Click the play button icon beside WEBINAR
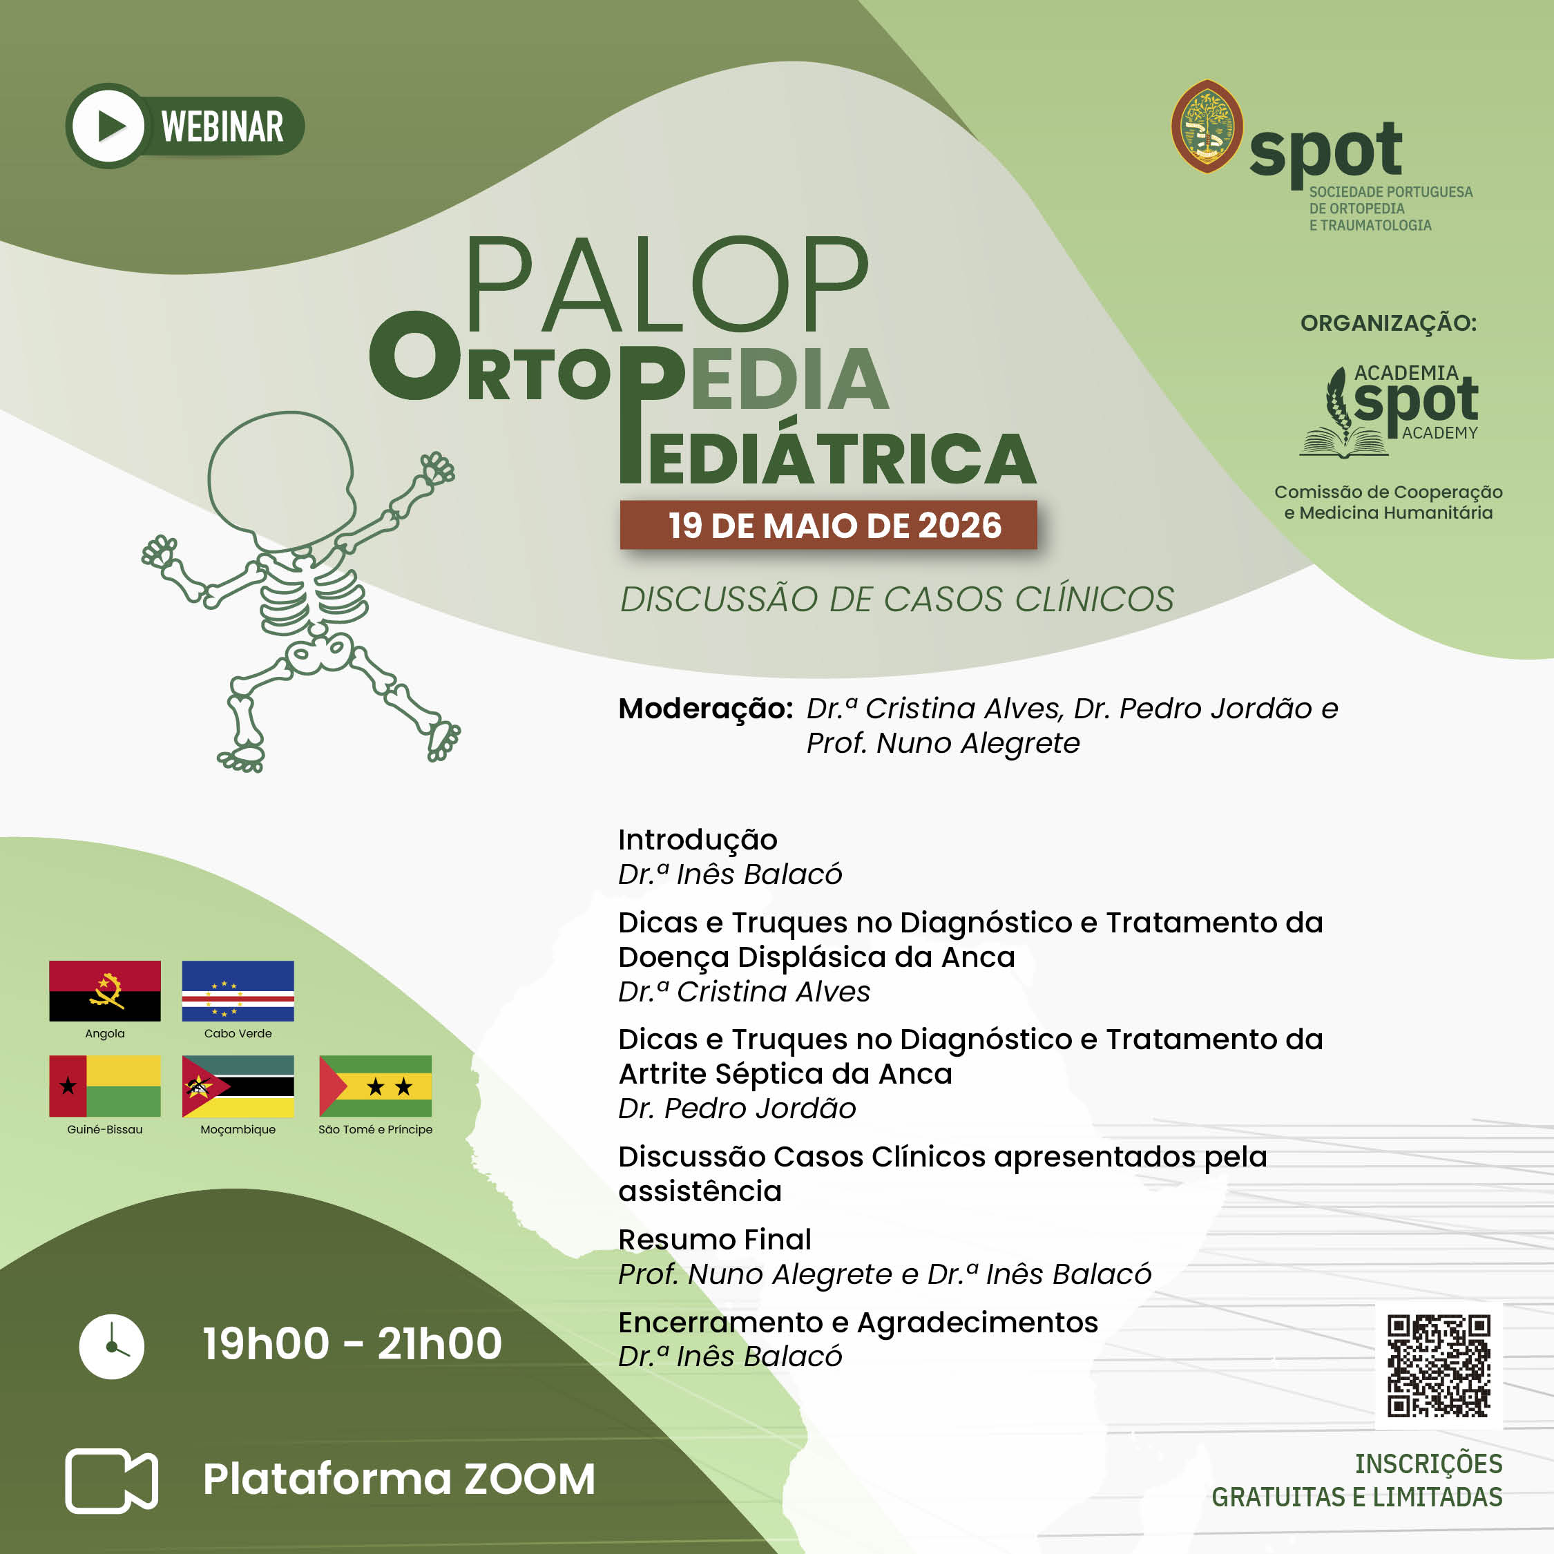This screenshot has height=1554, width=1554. tap(108, 126)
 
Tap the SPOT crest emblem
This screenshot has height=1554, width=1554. tap(1207, 126)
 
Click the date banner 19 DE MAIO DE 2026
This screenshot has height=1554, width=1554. tap(829, 525)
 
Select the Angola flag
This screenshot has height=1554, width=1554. tap(104, 991)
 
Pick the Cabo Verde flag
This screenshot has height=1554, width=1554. tap(238, 991)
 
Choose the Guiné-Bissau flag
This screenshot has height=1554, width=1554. tap(104, 1086)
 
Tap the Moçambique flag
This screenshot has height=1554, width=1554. tap(238, 1086)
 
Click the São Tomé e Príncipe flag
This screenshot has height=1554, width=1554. tap(376, 1086)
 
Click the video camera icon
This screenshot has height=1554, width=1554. tap(111, 1481)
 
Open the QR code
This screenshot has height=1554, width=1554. tap(1439, 1365)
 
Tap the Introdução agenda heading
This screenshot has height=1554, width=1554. tap(698, 840)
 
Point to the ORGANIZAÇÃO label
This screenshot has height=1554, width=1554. tap(1389, 323)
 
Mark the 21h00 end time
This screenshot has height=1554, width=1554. tap(440, 1344)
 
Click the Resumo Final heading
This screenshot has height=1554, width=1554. tap(715, 1240)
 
